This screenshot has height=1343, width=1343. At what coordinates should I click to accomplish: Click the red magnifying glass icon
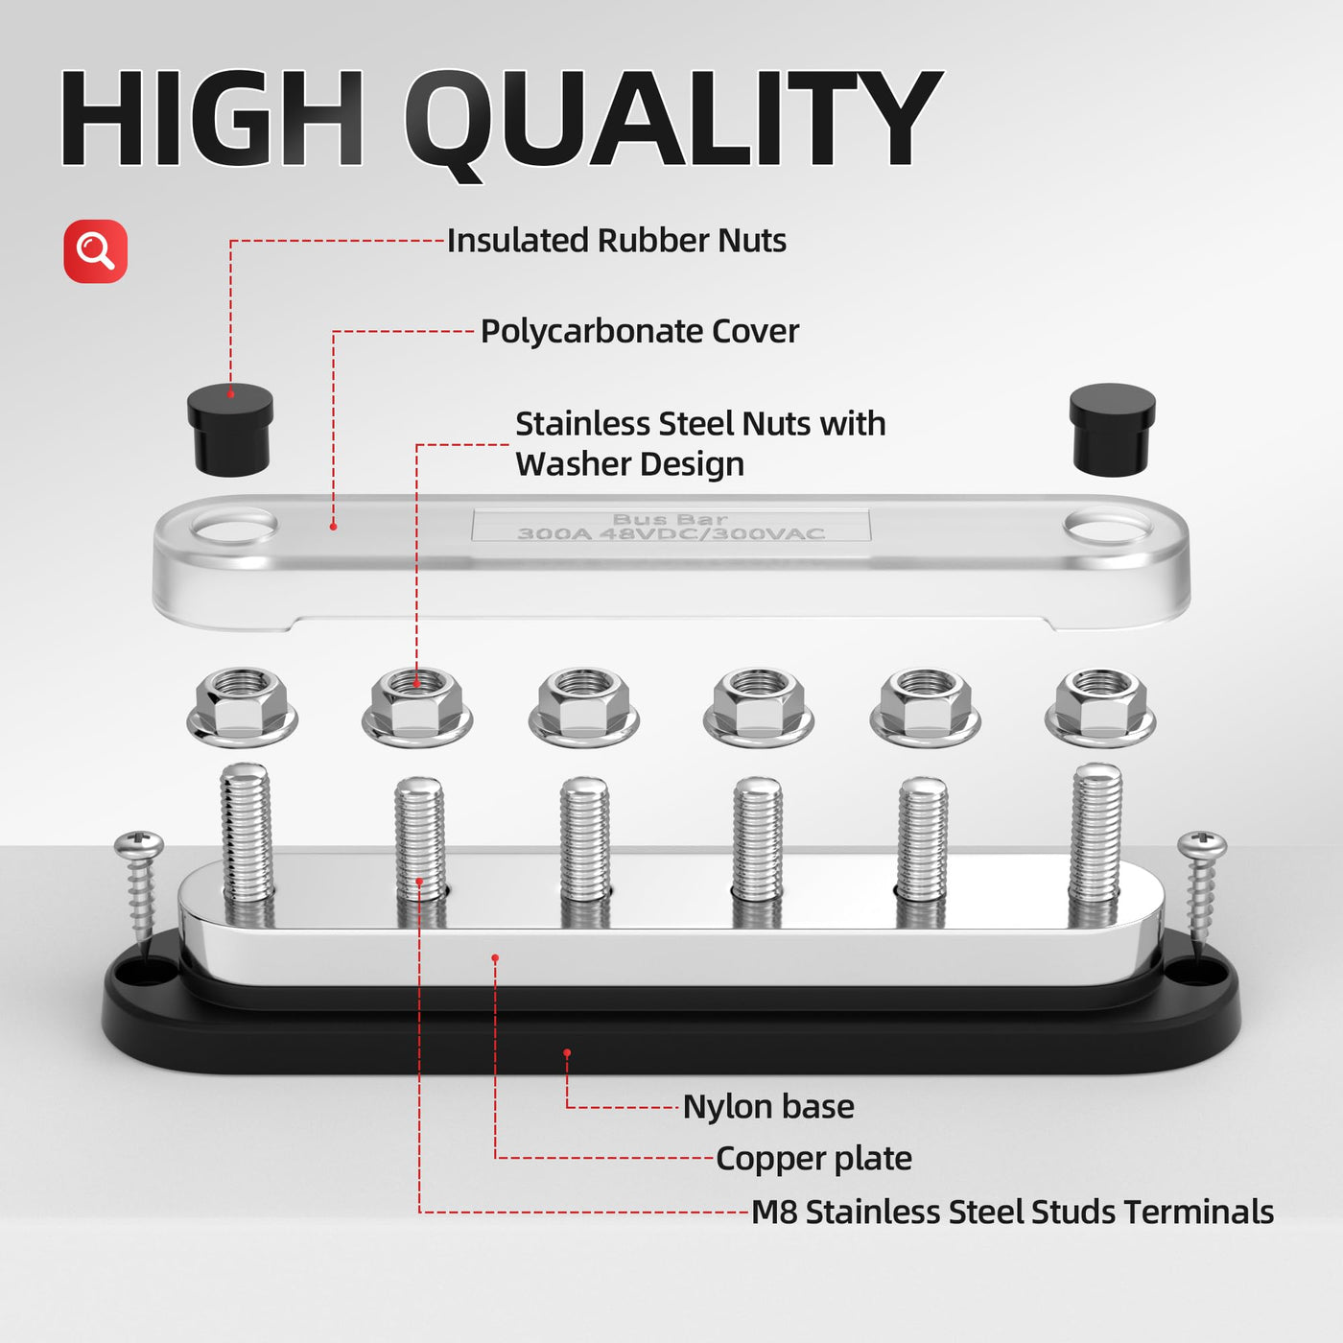(x=96, y=251)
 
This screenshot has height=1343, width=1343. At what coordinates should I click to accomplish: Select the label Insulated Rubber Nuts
(x=616, y=241)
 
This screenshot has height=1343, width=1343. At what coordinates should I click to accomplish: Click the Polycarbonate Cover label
(x=639, y=332)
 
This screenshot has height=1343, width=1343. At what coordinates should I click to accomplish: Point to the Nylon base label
(x=768, y=1107)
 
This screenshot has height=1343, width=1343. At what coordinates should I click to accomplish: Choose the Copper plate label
(x=813, y=1159)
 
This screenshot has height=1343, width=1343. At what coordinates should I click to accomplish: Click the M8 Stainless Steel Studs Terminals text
(x=1012, y=1212)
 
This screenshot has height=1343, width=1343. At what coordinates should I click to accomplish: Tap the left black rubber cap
(x=230, y=430)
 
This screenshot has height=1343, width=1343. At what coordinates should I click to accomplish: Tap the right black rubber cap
(x=1113, y=430)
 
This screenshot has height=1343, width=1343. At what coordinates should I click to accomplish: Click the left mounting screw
(x=140, y=887)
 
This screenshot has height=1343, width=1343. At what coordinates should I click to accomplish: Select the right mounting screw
(x=1202, y=887)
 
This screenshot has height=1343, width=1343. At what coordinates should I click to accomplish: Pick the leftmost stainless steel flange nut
(x=242, y=707)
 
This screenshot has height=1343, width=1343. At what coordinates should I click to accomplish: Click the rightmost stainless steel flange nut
(x=1100, y=707)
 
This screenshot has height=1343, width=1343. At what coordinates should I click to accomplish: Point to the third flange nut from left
(x=584, y=707)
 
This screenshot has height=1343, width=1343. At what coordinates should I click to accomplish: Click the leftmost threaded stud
(x=246, y=833)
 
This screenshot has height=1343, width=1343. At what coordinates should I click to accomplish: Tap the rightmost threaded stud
(x=1097, y=833)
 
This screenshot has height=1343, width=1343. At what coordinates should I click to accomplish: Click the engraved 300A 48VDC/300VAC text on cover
(x=671, y=534)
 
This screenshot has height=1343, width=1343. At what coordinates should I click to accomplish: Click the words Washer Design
(x=630, y=464)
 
